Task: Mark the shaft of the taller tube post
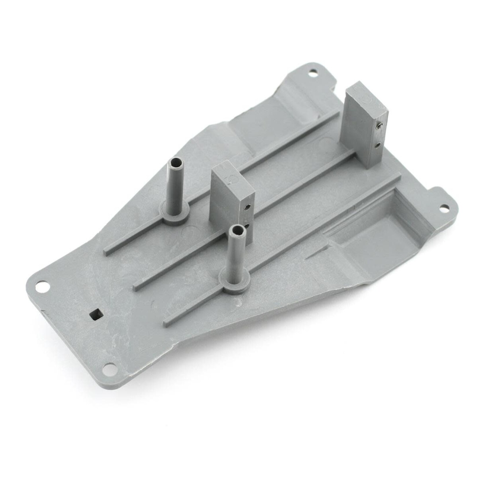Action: [174, 185]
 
